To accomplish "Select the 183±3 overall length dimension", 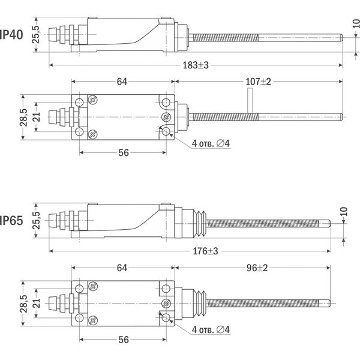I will [196, 65].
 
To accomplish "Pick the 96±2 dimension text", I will [256, 267].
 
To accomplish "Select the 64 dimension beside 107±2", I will [122, 82].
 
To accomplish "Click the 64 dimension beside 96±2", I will [122, 267].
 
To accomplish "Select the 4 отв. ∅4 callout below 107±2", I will [211, 143].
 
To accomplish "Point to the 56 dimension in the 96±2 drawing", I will [124, 340].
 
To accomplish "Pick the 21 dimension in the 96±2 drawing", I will [35, 302].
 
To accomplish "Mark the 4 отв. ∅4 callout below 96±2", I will [211, 329].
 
